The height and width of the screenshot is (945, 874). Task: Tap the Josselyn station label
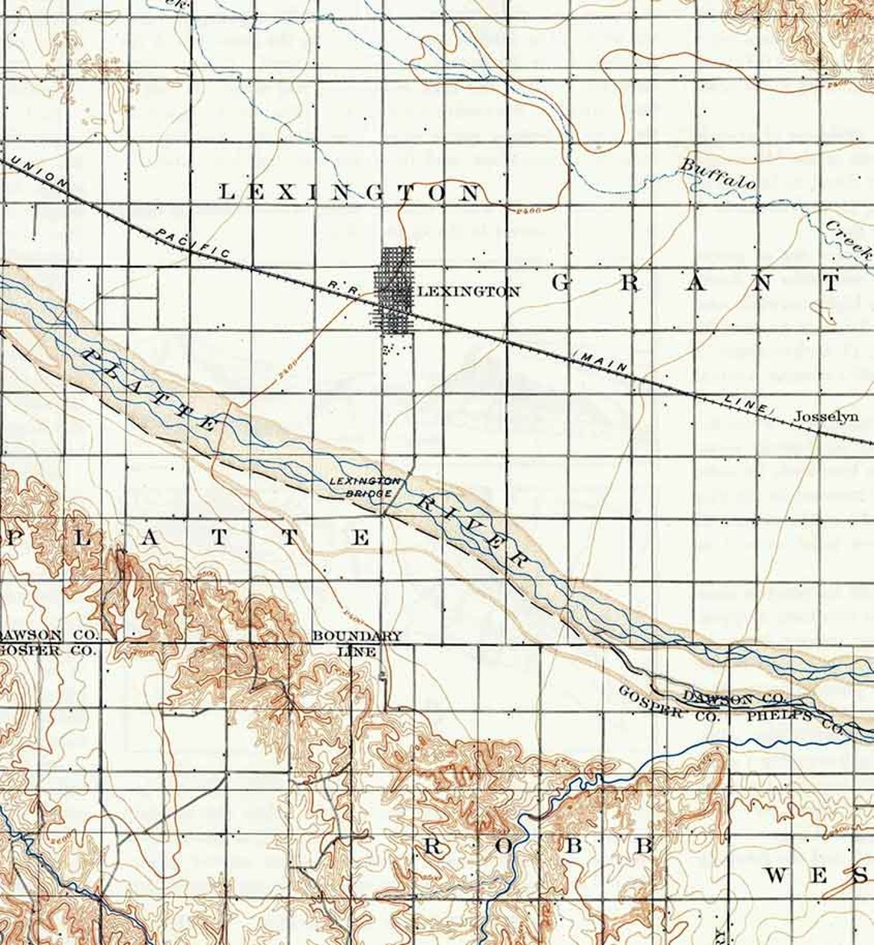tap(824, 417)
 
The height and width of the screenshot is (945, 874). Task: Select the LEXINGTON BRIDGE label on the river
tap(364, 487)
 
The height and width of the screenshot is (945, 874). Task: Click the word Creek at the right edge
tap(849, 239)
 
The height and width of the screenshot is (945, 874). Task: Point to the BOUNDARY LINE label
tap(357, 644)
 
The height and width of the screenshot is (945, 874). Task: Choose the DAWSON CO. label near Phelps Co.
tap(733, 698)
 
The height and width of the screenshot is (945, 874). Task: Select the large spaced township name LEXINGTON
tap(350, 192)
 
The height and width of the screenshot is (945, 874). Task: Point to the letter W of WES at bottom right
tap(777, 875)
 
